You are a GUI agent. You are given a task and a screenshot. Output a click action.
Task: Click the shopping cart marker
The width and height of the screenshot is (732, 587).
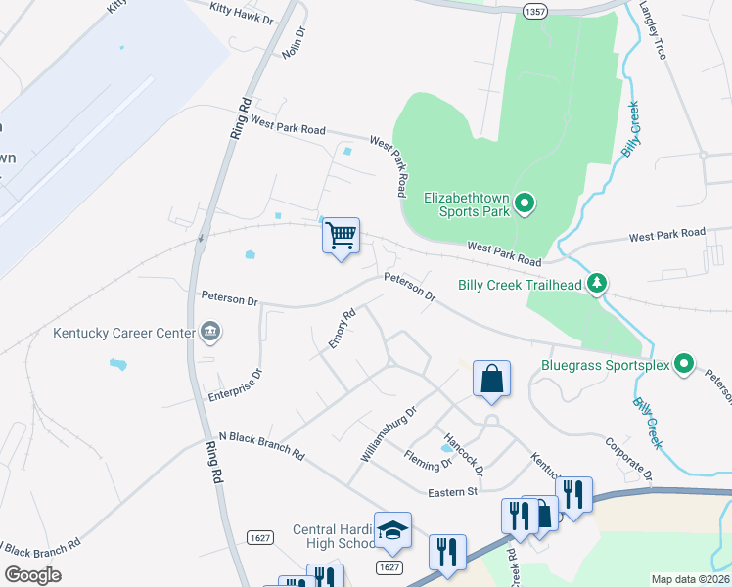pyautogui.click(x=341, y=236)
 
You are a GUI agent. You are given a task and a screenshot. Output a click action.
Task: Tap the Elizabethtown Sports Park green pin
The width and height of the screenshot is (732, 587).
pyautogui.click(x=525, y=203)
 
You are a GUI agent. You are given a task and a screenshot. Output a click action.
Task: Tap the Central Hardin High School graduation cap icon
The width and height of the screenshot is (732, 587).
pyautogui.click(x=391, y=531)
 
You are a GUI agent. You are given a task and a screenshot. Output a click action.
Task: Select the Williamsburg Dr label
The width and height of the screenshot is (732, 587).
pyautogui.click(x=389, y=434)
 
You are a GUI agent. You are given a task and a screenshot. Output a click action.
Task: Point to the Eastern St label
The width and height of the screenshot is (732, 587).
pyautogui.click(x=452, y=490)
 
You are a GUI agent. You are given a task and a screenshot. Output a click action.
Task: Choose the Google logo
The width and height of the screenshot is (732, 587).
pyautogui.click(x=33, y=575)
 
